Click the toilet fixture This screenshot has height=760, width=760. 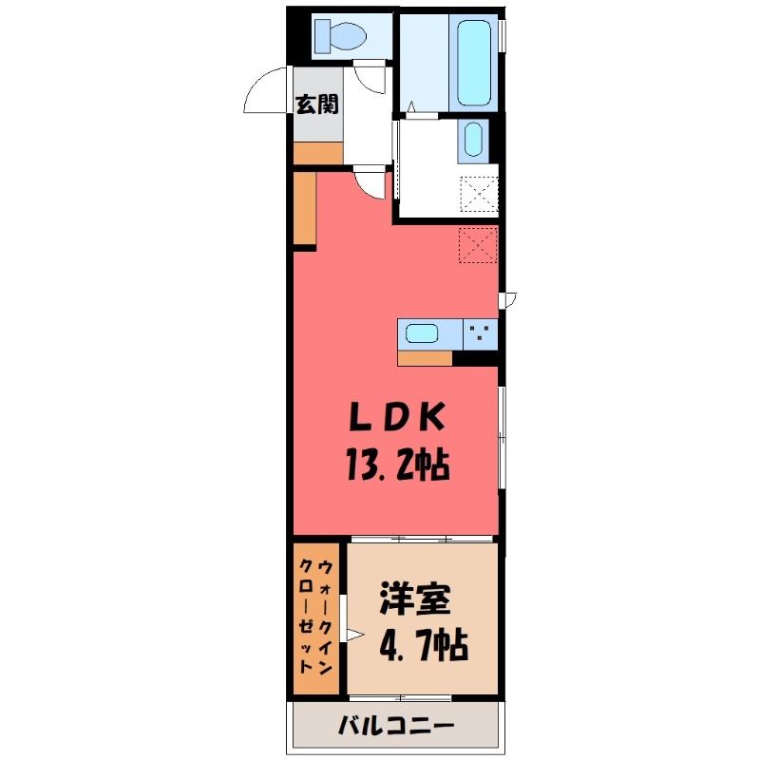click(340, 36)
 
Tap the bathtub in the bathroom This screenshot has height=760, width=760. click(474, 63)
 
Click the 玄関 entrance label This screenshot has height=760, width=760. click(317, 104)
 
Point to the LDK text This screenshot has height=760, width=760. click(397, 417)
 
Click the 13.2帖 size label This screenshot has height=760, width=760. click(397, 465)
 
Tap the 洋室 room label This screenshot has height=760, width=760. click(415, 600)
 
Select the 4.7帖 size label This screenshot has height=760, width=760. click(424, 646)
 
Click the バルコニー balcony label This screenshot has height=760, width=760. click(396, 726)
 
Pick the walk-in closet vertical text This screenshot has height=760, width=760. click(316, 617)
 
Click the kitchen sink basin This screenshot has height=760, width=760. click(422, 333)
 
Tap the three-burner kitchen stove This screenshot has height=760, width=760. click(481, 334)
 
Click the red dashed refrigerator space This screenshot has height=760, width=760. click(479, 245)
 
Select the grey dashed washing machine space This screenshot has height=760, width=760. click(479, 194)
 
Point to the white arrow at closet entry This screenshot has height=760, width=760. click(354, 635)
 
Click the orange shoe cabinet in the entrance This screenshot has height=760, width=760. click(318, 153)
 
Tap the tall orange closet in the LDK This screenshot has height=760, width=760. click(305, 208)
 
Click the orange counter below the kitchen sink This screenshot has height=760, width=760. click(425, 358)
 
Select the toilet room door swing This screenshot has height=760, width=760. click(370, 80)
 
